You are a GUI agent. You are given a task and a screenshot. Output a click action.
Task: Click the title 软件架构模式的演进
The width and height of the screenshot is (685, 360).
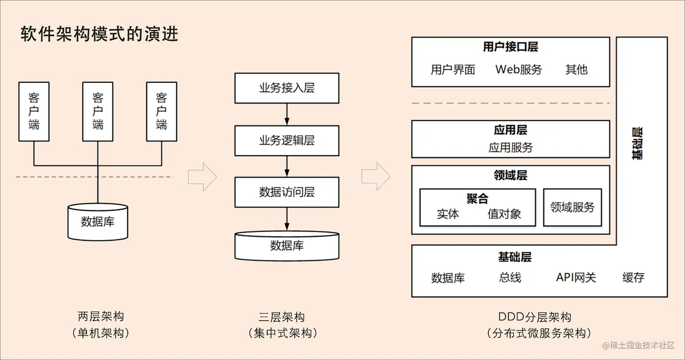pyautogui.click(x=99, y=34)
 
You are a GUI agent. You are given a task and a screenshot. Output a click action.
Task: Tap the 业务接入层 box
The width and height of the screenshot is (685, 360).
pyautogui.click(x=286, y=88)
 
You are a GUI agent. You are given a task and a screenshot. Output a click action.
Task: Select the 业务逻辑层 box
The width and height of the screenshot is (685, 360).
pyautogui.click(x=286, y=140)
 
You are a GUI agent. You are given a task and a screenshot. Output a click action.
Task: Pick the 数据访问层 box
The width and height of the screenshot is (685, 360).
pyautogui.click(x=286, y=192)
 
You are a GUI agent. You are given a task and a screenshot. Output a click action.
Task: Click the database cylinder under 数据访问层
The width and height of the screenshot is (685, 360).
pyautogui.click(x=286, y=246)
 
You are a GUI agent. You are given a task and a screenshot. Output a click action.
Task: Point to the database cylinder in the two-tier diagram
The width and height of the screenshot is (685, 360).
pyautogui.click(x=97, y=222)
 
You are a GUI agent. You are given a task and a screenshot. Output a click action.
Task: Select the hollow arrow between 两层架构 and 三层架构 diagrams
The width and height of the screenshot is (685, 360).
pyautogui.click(x=203, y=177)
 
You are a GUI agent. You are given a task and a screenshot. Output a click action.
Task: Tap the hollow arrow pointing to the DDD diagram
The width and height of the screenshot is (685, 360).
pyautogui.click(x=376, y=177)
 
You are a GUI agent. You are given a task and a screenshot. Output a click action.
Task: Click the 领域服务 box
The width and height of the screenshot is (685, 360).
pyautogui.click(x=572, y=207)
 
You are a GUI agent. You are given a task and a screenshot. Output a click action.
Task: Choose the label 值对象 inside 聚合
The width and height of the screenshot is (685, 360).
pyautogui.click(x=504, y=214)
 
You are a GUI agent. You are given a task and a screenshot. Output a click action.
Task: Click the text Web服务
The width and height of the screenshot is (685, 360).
pyautogui.click(x=518, y=69)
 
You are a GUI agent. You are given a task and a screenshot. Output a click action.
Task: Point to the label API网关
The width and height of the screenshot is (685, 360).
pyautogui.click(x=576, y=277)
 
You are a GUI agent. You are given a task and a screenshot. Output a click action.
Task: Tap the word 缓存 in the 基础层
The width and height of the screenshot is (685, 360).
pyautogui.click(x=633, y=277)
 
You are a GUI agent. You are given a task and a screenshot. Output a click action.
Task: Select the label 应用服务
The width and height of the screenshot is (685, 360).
pyautogui.click(x=511, y=148)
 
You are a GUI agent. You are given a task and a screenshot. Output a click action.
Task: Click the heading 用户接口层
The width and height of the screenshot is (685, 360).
pyautogui.click(x=511, y=47)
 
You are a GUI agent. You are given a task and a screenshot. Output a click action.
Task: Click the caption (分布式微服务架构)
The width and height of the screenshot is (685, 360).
pyautogui.click(x=539, y=334)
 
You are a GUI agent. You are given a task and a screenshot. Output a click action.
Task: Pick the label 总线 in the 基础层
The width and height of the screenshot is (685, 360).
pyautogui.click(x=510, y=277)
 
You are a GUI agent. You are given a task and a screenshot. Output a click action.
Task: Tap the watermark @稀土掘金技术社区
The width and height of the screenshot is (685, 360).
pyautogui.click(x=639, y=345)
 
